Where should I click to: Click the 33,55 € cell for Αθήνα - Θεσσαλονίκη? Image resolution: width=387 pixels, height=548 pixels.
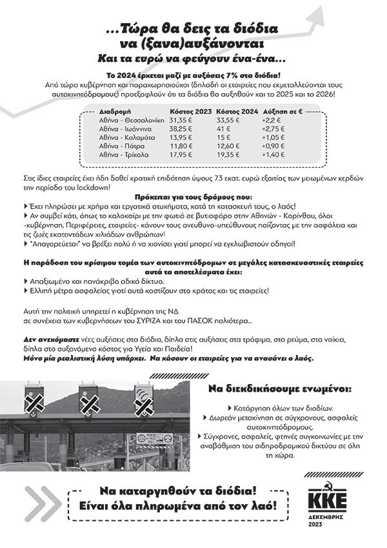pyautogui.click(x=228, y=120)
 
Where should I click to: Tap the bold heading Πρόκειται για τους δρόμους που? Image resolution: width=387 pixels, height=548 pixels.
pyautogui.click(x=193, y=195)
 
